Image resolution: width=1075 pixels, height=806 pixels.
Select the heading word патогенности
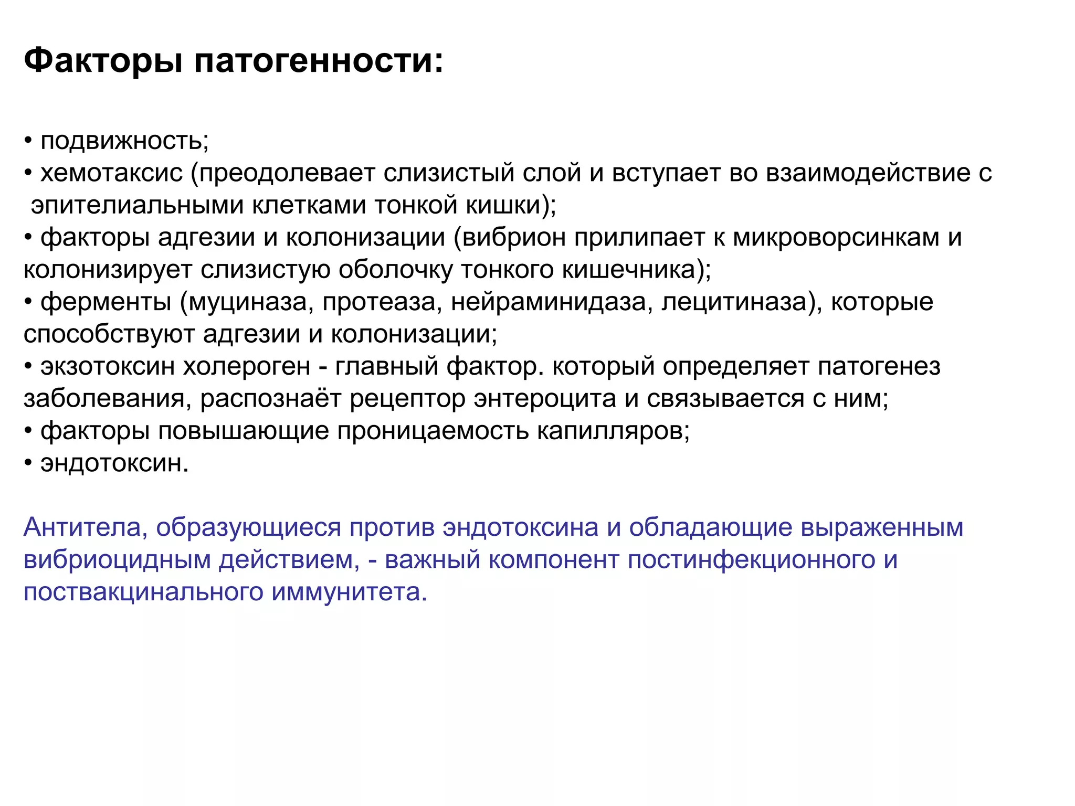tap(318, 61)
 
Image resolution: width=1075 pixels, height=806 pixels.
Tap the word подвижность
tap(124, 141)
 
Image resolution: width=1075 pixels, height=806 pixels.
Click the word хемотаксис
tap(111, 173)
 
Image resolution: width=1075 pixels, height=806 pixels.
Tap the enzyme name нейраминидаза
tap(549, 302)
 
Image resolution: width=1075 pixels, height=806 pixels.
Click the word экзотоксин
tap(108, 367)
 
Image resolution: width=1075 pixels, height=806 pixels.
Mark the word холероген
tap(247, 367)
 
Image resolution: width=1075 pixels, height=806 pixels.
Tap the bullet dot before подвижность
tap(28, 141)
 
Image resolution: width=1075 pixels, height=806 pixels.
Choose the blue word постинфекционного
tap(751, 560)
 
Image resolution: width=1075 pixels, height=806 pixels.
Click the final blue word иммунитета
tap(350, 592)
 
